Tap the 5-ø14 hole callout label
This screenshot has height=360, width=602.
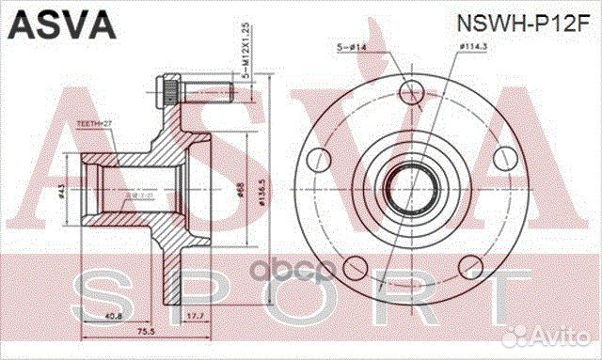pos(351,46)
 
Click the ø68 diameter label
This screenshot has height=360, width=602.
pos(241,193)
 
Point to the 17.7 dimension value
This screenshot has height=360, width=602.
pos(197,316)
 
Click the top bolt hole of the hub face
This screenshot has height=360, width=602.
pos(409,91)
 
